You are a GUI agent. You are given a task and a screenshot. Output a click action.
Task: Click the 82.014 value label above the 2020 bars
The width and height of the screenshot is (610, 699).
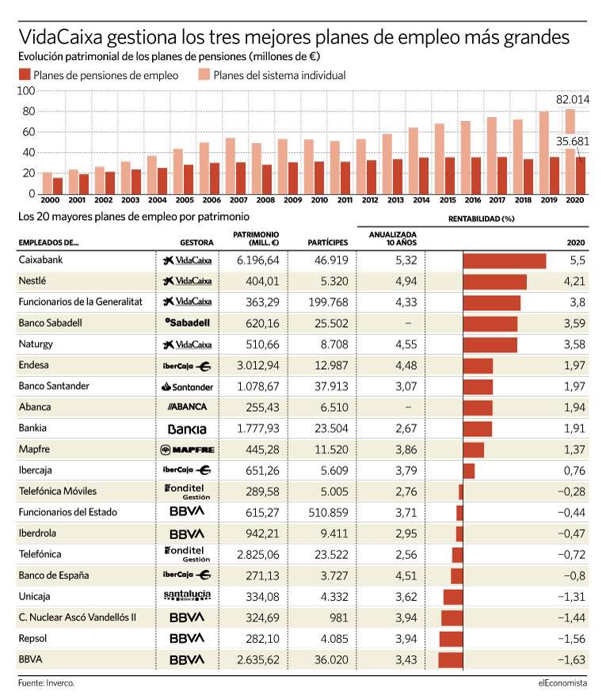pos(573,100)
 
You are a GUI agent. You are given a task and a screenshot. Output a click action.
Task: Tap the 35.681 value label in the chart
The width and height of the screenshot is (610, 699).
pos(573,142)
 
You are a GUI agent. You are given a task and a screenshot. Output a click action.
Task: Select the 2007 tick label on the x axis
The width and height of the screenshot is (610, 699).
pos(238,200)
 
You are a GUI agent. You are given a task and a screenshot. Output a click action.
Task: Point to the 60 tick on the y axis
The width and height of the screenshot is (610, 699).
pos(29,131)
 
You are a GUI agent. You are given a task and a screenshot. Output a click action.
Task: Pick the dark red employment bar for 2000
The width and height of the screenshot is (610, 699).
pos(58,186)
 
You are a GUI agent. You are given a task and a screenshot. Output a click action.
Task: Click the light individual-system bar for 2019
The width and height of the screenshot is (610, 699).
pos(544,153)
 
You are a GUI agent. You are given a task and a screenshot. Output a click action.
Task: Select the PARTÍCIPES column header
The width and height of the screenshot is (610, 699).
pos(327,242)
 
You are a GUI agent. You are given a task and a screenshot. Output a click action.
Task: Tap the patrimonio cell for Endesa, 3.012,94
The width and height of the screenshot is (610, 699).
pos(258,366)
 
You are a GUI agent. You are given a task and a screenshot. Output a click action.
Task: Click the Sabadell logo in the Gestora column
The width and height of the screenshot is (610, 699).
pos(188,323)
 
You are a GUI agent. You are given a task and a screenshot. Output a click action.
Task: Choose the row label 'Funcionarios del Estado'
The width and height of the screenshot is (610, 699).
pos(68,512)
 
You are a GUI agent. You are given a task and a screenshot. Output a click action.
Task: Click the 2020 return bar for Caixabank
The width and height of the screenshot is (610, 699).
pos(505,260)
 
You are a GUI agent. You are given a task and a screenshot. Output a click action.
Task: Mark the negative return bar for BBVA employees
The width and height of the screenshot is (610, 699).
pos(451,660)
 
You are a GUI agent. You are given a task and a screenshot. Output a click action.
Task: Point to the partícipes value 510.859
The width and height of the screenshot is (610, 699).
pos(328,513)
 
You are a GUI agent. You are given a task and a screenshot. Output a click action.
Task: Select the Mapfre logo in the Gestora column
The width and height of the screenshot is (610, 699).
pos(188,450)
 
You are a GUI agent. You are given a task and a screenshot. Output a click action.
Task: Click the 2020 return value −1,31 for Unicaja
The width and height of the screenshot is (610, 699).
pos(572,597)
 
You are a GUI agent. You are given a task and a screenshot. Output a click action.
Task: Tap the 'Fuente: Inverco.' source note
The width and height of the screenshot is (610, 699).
pos(47,683)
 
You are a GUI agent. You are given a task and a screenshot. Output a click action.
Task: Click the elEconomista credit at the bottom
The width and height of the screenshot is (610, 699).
pos(562,683)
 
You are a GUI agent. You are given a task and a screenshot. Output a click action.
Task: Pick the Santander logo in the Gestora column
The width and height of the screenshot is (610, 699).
pos(188,387)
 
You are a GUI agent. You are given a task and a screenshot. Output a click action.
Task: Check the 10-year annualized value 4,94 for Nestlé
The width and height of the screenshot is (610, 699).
pos(406,282)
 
